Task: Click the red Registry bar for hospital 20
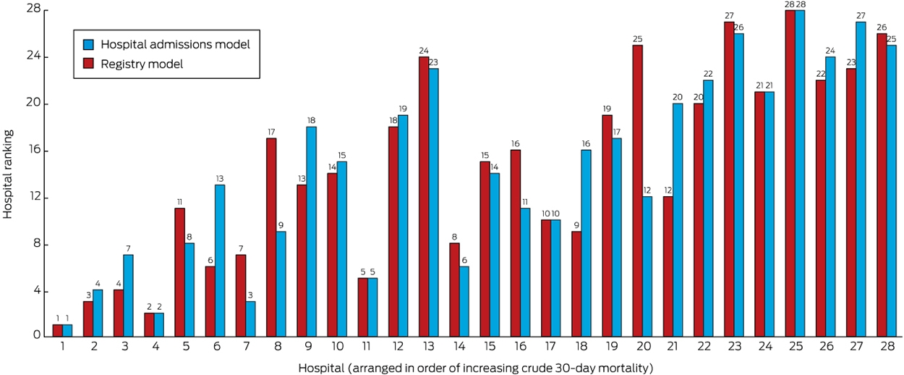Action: point(638,190)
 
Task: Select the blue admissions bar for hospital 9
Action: point(311,232)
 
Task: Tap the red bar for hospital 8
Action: point(271,237)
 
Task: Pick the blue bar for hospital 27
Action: point(861,179)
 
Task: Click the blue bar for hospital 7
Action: point(250,319)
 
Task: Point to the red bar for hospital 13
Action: point(424,197)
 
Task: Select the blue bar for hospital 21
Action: point(678,220)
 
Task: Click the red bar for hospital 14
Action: point(454,290)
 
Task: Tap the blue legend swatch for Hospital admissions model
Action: point(88,44)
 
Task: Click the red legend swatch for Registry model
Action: point(88,64)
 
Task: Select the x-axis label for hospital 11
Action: point(367,346)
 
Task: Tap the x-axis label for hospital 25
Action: point(796,346)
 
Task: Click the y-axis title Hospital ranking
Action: point(8,174)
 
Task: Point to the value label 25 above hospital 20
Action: point(638,39)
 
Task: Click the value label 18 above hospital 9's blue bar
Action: point(311,120)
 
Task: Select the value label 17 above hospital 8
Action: point(271,132)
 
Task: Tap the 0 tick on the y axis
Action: point(38,335)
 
